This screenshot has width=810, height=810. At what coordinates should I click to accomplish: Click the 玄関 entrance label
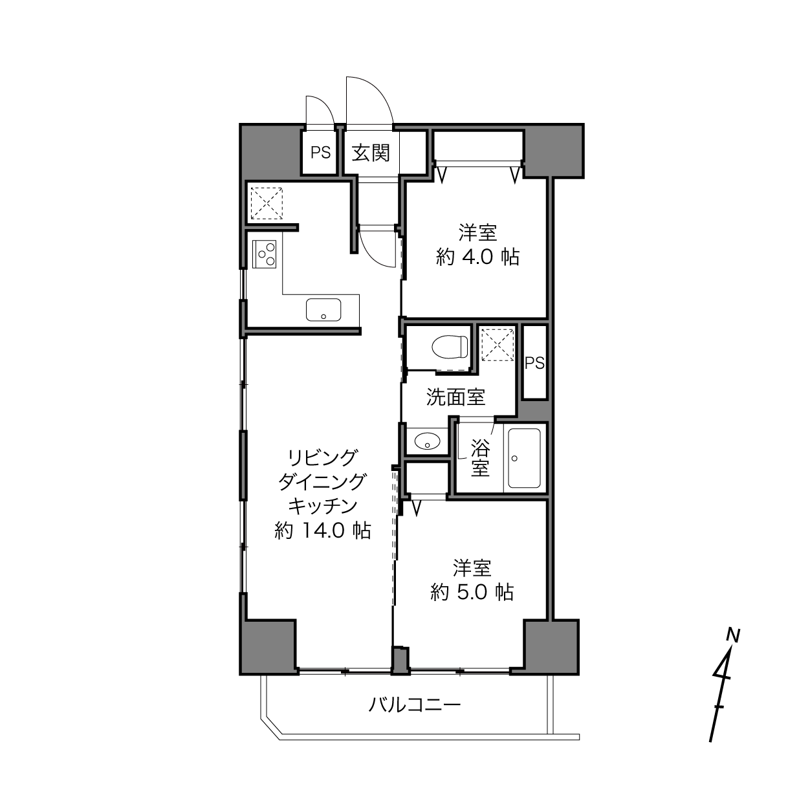[x=371, y=153]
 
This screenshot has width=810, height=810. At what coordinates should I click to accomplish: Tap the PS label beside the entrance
[x=320, y=153]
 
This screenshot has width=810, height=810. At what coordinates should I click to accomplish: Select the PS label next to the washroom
[x=534, y=362]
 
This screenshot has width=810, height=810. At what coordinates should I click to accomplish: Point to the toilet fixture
[x=450, y=347]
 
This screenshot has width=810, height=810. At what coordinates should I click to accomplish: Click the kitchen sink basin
[x=323, y=310]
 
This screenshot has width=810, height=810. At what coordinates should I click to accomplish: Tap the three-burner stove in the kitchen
[x=264, y=254]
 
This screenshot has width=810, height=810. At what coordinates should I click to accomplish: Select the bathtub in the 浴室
[x=524, y=458]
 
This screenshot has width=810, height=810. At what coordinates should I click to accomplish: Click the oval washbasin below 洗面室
[x=427, y=442]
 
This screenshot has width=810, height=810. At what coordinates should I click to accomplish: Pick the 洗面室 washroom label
[x=455, y=397]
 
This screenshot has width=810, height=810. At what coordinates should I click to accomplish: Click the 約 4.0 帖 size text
[x=477, y=257]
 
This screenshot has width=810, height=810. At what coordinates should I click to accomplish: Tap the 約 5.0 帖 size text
[x=472, y=592]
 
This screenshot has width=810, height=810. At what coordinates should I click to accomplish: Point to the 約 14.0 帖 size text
[x=322, y=531]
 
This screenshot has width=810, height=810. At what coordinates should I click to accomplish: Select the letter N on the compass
[x=734, y=635]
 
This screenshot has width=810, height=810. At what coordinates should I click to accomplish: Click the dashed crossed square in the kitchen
[x=267, y=203]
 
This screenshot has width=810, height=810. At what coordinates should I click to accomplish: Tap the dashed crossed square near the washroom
[x=498, y=345]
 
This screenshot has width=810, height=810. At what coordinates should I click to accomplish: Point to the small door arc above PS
[x=325, y=104]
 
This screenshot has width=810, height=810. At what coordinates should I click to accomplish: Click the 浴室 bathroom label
[x=480, y=458]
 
